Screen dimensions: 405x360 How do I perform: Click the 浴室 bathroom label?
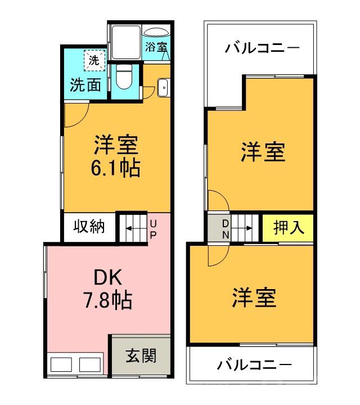pos(156,47)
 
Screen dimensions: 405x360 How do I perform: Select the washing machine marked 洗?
pos(94,60)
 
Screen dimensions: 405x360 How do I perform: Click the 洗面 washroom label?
pos(85,85)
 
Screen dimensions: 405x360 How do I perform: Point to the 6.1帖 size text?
pos(116,168)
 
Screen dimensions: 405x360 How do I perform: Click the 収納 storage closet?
pos(89,227)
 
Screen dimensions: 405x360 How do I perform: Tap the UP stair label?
pos(152,229)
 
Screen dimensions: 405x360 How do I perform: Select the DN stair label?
pos(225,228)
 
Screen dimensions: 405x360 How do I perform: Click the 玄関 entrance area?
pos(140,355)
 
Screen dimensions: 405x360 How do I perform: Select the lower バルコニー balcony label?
pos(255,364)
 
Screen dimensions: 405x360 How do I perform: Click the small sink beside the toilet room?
pos(163,88)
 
